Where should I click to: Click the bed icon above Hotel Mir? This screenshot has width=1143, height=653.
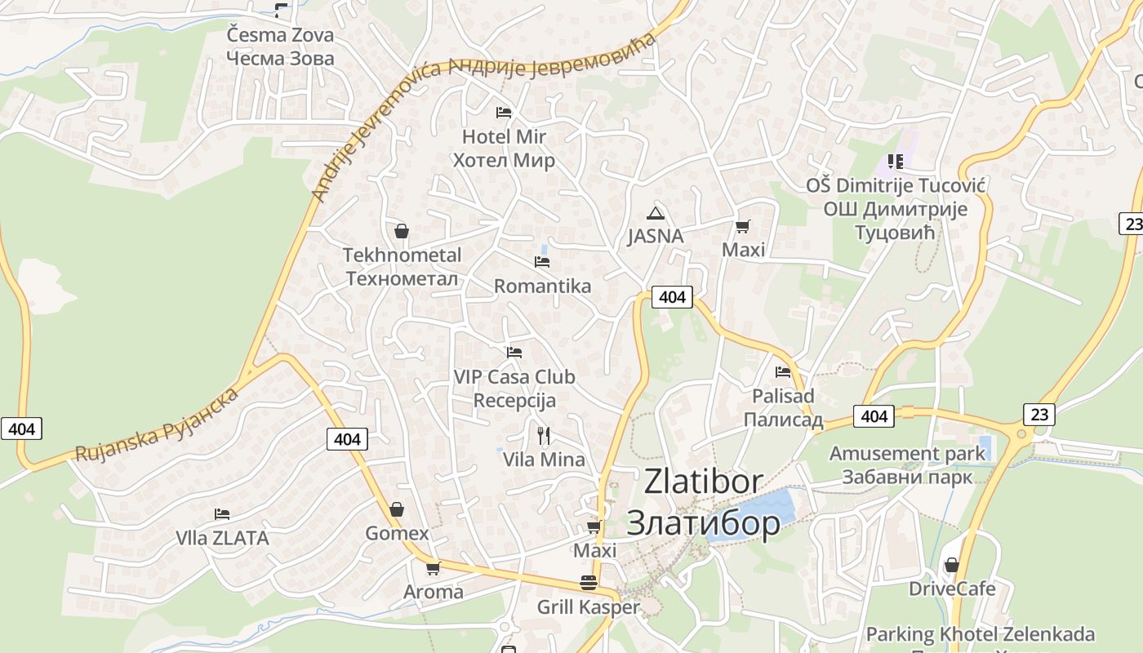(x=504, y=112)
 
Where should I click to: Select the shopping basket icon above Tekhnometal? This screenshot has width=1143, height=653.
(x=401, y=231)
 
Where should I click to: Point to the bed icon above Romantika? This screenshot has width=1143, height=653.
(x=541, y=261)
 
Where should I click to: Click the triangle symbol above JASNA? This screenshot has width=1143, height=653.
(x=655, y=214)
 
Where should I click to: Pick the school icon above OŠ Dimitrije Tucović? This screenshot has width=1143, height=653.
(x=896, y=162)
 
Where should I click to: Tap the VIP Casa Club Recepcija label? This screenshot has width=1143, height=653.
(x=514, y=389)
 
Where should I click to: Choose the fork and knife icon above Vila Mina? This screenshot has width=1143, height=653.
(x=544, y=435)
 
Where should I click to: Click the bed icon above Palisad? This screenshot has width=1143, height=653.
(x=783, y=372)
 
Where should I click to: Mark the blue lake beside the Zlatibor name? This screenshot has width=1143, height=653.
(x=763, y=510)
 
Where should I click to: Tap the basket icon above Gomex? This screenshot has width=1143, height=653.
(x=396, y=509)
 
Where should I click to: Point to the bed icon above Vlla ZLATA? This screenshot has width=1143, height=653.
(x=221, y=514)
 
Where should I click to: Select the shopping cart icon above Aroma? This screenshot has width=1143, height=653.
(x=433, y=568)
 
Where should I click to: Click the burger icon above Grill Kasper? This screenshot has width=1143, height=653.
(x=588, y=583)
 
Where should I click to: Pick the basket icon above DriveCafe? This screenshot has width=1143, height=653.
(x=951, y=565)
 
